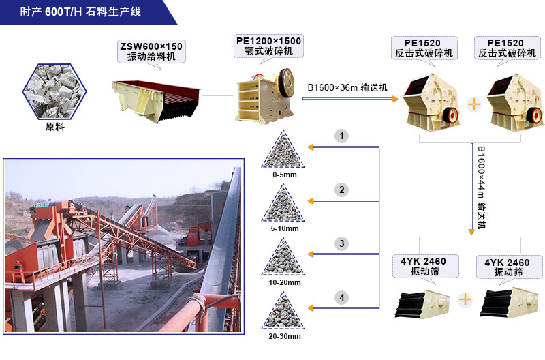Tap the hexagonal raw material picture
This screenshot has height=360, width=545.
(x=54, y=89)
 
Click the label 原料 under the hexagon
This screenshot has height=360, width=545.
(x=54, y=127)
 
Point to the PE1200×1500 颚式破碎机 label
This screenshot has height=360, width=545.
(x=268, y=46)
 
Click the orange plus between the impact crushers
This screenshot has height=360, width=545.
(x=473, y=104)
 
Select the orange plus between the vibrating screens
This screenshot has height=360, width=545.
(x=465, y=299)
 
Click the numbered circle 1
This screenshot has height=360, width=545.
(x=342, y=136)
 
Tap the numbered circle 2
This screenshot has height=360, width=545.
(x=342, y=190)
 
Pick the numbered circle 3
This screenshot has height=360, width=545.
(x=342, y=243)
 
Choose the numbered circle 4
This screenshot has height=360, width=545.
(x=342, y=297)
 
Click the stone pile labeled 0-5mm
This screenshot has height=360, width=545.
(x=284, y=150)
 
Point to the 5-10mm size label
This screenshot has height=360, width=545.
(x=284, y=228)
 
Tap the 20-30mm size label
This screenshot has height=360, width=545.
(x=284, y=336)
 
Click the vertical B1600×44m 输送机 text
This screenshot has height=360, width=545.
(x=481, y=185)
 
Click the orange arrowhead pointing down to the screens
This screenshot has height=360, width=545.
(x=471, y=232)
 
